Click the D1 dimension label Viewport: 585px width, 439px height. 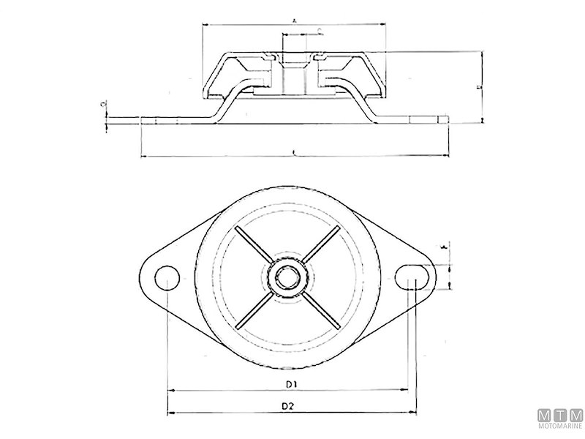point(290,383)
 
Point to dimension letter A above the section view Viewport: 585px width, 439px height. point(293,21)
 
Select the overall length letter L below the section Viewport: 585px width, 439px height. point(293,152)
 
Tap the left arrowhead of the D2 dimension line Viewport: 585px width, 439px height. point(171,412)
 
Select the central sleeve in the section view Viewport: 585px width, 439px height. point(292,73)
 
